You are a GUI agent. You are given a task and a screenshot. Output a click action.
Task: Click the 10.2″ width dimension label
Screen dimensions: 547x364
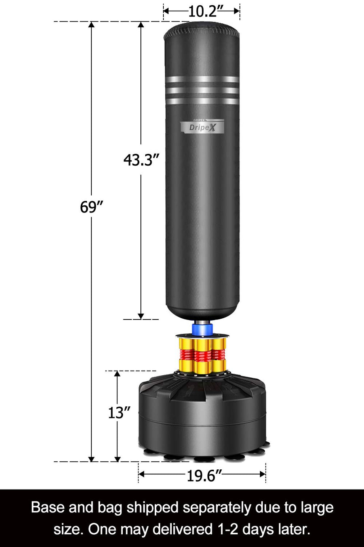pos(202,11)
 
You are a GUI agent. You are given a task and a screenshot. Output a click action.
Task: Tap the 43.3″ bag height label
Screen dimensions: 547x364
pos(141,160)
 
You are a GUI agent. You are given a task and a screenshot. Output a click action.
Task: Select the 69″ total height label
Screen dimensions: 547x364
pos(91,207)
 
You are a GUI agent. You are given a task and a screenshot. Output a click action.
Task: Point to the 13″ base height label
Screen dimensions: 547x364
pos(119,413)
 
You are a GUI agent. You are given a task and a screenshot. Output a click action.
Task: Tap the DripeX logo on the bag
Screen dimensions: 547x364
pos(202,127)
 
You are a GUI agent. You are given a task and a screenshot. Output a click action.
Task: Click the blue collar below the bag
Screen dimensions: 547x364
pos(201,329)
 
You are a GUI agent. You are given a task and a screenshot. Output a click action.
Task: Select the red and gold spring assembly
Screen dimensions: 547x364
pos(202,355)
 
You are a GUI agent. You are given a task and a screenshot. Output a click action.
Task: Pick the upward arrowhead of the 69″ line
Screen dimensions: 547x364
pos(91,25)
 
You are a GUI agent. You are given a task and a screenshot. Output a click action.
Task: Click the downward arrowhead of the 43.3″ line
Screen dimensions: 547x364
pos(141,316)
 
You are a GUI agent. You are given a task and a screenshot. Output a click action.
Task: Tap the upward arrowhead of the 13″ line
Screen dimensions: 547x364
pos(117,374)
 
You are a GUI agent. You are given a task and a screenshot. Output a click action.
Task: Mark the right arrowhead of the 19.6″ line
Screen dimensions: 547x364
pos(262,474)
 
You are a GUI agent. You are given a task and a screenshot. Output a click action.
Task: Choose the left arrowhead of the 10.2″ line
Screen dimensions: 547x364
pos(167,11)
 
